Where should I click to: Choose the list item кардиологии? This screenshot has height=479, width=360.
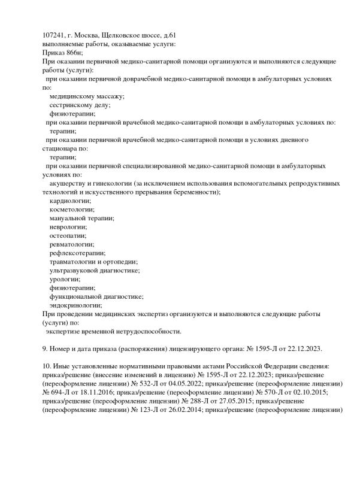pos(71,201)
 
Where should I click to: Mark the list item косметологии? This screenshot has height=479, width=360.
pos(72,210)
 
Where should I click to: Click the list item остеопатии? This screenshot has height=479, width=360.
pos(68,235)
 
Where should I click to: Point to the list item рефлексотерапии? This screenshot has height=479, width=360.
pos(77,253)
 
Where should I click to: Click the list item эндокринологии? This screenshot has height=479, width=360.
pos(76,304)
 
